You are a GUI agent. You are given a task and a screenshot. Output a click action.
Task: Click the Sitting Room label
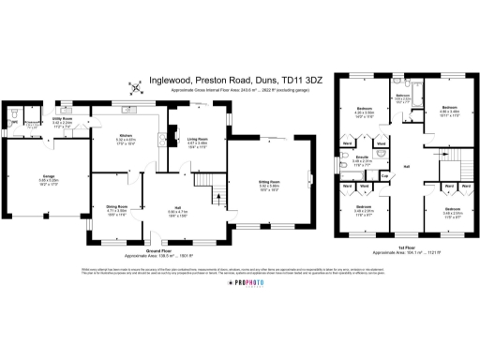[270, 184]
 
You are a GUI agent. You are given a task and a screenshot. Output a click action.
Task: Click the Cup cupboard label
[385, 175]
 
